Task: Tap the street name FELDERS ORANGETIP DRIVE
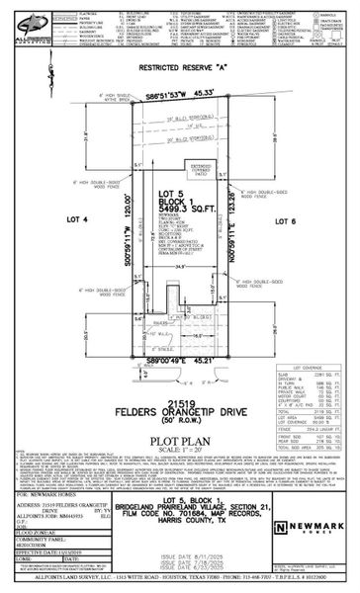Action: [x=179, y=386]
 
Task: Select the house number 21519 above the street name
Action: [x=179, y=376]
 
